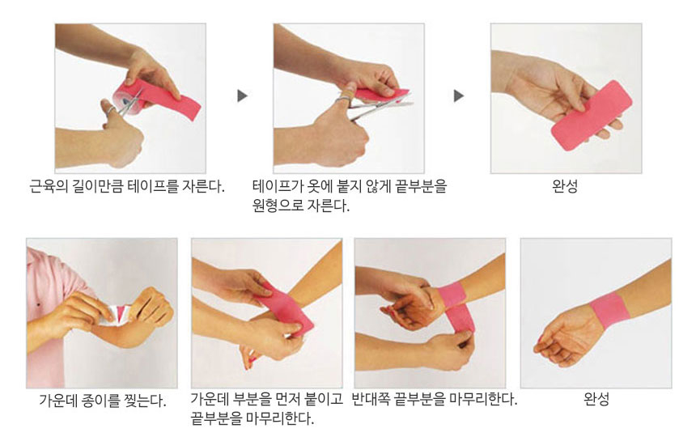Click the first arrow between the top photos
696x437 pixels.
coord(242,96)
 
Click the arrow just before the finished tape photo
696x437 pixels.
coord(459,96)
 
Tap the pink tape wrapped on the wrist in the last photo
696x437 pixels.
coord(610,310)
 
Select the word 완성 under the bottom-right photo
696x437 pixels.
coord(596,399)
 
